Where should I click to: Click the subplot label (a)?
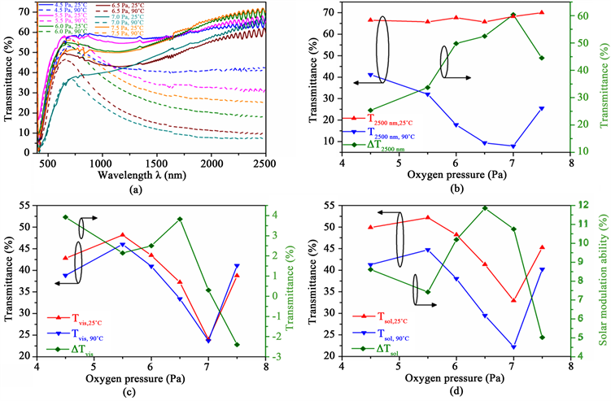click(x=153, y=190)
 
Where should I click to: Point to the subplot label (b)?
click(x=457, y=190)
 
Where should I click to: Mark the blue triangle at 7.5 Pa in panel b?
click(x=542, y=108)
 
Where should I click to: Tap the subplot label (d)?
click(x=457, y=394)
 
